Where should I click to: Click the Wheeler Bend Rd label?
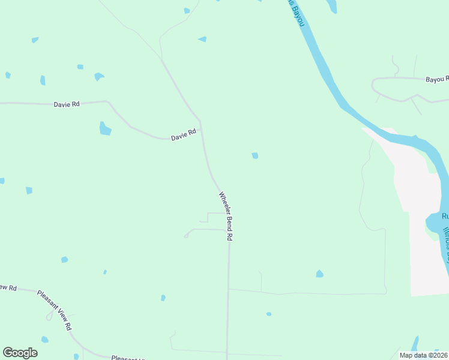pos(226,216)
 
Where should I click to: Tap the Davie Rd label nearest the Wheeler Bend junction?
pos(184,136)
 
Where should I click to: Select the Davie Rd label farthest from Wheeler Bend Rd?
pos(67,104)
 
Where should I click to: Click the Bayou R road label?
pos(437,79)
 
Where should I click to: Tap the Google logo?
pos(20,353)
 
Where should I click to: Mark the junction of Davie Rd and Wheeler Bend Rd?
pos(200,122)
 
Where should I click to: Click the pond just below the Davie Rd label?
pos(105,128)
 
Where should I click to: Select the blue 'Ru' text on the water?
pos(445,216)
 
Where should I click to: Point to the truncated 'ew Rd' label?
pos(8,287)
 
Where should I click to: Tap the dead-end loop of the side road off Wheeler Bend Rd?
pos(186,236)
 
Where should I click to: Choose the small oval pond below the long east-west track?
pos(269,314)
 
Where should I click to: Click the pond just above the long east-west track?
pos(319,274)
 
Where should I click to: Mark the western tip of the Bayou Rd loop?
pos(373,85)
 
